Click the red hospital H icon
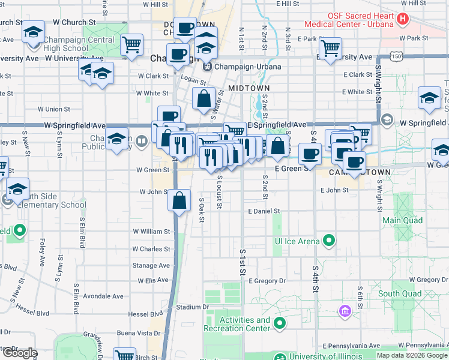pos(402,19)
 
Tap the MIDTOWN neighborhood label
pos(249,88)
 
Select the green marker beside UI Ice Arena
pos(328,241)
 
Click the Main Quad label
pos(402,220)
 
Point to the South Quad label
pos(400,293)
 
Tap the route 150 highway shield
pos(396,56)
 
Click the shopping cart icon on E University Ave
pos(330,47)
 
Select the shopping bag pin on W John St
pos(179,200)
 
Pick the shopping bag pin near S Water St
pos(204,98)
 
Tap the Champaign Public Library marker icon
pos(141,142)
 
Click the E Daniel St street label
pos(264,211)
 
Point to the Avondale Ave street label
pos(104,296)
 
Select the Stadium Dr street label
pos(193,307)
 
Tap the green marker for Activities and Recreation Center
pos(280,324)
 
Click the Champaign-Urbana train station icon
pos(208,66)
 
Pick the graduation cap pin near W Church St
pos(34,31)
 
